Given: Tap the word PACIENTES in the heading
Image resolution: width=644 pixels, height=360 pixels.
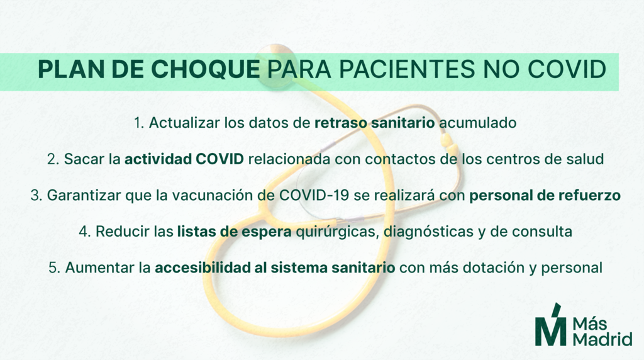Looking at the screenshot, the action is coord(407,69).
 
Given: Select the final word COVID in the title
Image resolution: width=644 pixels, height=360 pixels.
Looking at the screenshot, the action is coord(567,69).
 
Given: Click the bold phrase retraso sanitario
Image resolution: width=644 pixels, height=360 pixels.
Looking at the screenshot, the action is coord(375,123).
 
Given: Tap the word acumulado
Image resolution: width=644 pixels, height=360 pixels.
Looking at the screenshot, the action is coord(478,123).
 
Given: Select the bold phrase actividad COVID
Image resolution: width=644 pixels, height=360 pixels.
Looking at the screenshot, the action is coord(184,159).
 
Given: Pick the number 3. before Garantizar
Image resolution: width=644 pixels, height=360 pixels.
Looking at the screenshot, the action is coord(36,195).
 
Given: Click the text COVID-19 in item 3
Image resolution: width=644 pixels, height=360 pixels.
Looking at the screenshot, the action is coord(314,195).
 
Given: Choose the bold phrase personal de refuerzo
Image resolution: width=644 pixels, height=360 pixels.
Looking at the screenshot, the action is coord(545,195).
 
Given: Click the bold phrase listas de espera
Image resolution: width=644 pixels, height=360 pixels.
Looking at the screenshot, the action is coord(235,232).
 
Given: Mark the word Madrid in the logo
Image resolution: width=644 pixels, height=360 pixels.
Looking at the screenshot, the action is coord(602,339).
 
